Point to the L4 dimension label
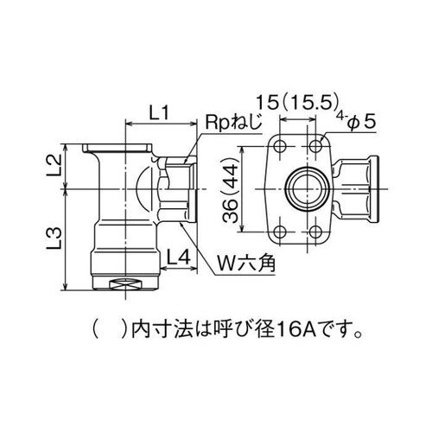(180, 256)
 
